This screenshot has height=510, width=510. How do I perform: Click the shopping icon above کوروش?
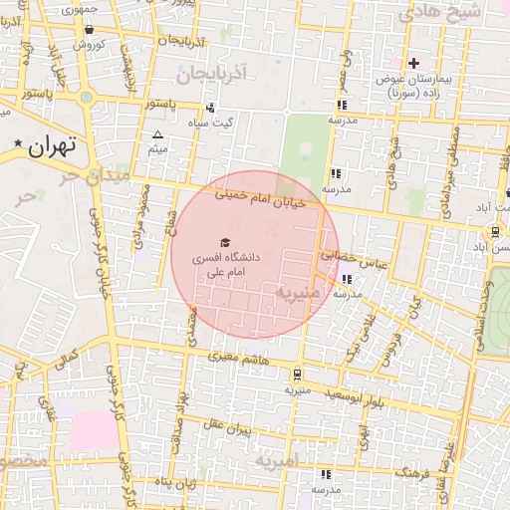91,30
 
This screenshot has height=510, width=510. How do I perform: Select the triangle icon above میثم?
157,134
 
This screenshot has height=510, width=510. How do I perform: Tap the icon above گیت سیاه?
210,108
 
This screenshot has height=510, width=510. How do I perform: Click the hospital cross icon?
413,63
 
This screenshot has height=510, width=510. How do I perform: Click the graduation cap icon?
225,242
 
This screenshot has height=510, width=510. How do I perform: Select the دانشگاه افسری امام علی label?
229,263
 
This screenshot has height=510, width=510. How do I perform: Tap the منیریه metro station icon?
297,374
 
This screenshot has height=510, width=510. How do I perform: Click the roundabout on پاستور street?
87,98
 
